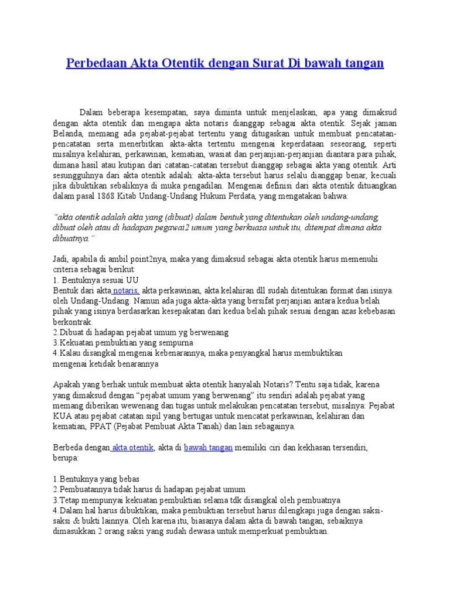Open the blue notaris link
click(x=126, y=291)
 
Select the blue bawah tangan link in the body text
click(x=209, y=448)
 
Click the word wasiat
click(x=223, y=154)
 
